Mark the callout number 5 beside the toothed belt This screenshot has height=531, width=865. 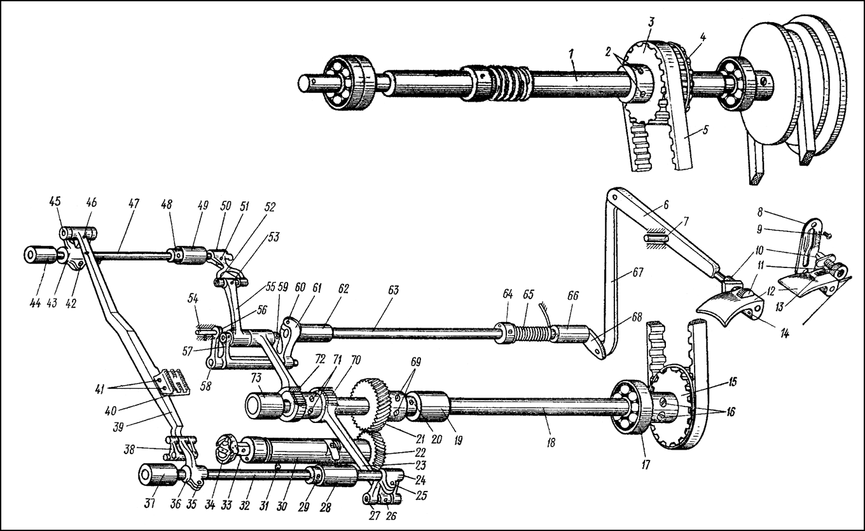point(706,131)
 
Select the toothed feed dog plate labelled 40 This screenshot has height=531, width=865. point(170,382)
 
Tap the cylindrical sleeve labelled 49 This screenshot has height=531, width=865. point(193,255)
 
